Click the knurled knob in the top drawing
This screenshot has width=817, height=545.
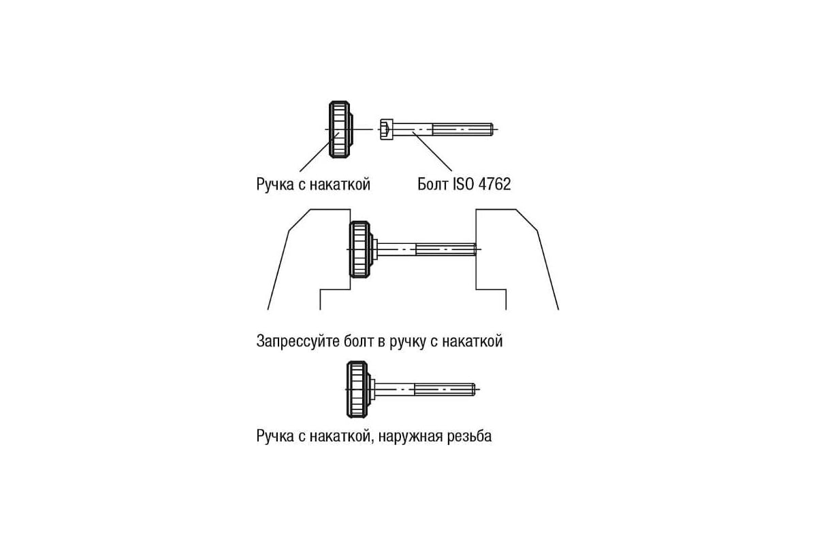point(340,129)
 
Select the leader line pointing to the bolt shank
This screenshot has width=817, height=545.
point(432,151)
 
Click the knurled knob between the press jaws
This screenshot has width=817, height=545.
point(359,249)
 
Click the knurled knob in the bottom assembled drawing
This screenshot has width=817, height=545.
point(357,390)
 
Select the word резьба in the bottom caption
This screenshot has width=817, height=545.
point(469,436)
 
